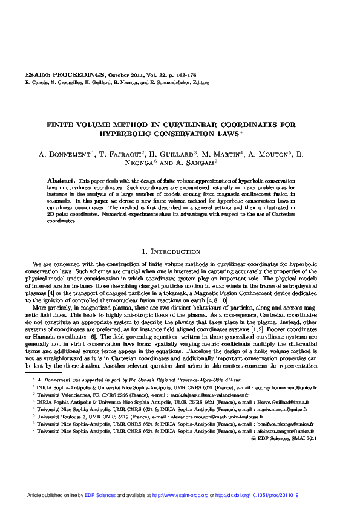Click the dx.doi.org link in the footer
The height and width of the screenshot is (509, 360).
[266, 495]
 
